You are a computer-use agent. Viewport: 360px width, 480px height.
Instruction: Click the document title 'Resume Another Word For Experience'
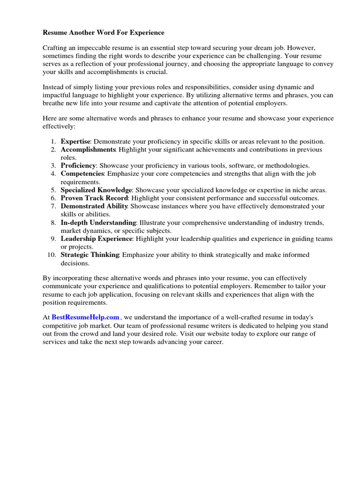(104, 33)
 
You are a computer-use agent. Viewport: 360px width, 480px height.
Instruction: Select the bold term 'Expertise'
(75, 141)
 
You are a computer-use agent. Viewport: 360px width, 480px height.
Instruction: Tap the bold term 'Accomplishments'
(88, 150)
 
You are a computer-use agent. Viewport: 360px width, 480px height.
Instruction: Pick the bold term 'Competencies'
(82, 174)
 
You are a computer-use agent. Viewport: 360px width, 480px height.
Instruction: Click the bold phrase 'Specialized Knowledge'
(96, 190)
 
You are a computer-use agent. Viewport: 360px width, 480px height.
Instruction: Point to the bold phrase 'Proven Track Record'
(94, 198)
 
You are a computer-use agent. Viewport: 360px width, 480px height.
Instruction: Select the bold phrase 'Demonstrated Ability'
(94, 206)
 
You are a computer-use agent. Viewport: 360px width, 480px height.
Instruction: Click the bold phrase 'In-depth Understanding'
(98, 222)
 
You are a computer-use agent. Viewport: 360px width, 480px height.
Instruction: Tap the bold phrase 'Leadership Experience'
(97, 239)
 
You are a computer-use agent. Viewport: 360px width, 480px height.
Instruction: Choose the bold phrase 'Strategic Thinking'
(90, 255)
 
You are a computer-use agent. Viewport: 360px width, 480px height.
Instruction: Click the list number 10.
(51, 255)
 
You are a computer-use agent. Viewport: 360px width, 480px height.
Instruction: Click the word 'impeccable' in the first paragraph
(97, 48)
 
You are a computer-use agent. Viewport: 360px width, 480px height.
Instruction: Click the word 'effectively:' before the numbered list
(59, 127)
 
